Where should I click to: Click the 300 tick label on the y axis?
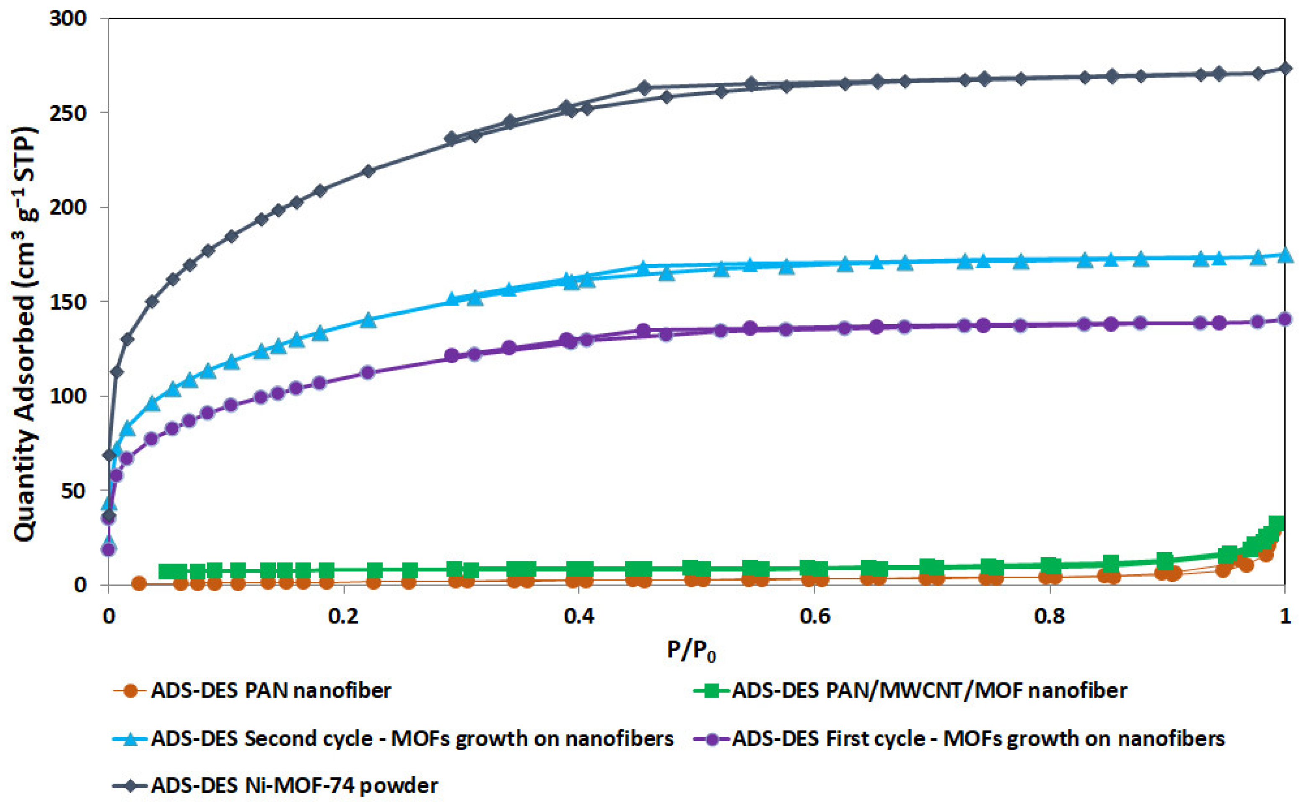pos(67,18)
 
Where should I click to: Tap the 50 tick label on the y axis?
pos(74,491)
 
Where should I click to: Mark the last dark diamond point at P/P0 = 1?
pos(1285,68)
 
